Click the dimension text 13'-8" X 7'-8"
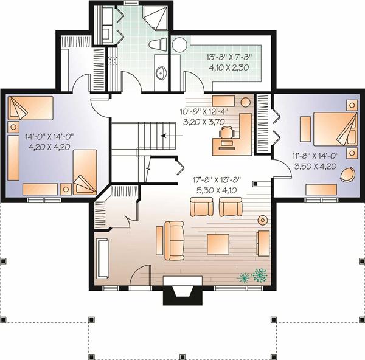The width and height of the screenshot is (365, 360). click(x=229, y=57)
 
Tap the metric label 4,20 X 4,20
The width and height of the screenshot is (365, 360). click(x=49, y=147)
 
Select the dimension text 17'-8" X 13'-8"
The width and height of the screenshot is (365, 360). click(x=217, y=179)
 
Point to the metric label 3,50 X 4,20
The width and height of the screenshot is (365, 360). click(x=315, y=167)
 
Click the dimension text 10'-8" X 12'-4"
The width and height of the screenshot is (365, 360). click(x=204, y=111)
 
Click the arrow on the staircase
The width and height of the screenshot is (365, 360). click(x=172, y=136)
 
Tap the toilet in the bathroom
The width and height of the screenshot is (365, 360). click(x=158, y=44)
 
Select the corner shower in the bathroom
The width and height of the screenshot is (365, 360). click(x=155, y=18)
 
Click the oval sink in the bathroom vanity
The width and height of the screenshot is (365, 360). click(x=161, y=73)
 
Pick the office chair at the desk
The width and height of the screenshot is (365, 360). click(x=226, y=134)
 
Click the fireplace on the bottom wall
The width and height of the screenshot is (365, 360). click(x=182, y=290)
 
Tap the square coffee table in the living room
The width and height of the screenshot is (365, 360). click(x=218, y=244)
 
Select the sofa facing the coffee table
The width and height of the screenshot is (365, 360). click(x=175, y=241)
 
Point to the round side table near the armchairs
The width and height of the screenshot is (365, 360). click(x=263, y=220)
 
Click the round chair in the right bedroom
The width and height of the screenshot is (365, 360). click(x=347, y=174)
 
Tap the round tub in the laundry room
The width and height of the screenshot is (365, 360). click(x=179, y=45)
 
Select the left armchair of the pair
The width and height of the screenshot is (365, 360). click(x=201, y=207)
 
